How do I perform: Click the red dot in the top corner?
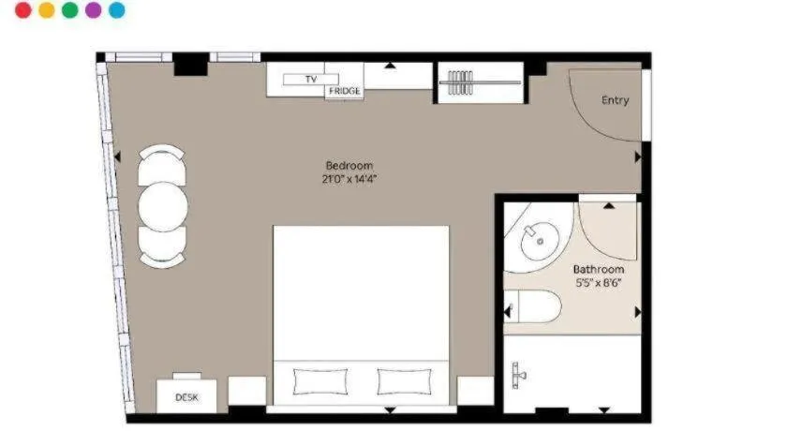23,10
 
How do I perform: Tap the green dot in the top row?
69,10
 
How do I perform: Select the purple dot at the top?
93,10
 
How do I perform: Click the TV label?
311,80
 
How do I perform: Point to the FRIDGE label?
344,92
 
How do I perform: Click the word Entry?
615,100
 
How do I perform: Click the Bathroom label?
599,270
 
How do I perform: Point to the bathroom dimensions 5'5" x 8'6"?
599,283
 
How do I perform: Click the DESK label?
187,397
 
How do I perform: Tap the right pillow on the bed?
404,380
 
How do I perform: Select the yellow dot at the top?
47,10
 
